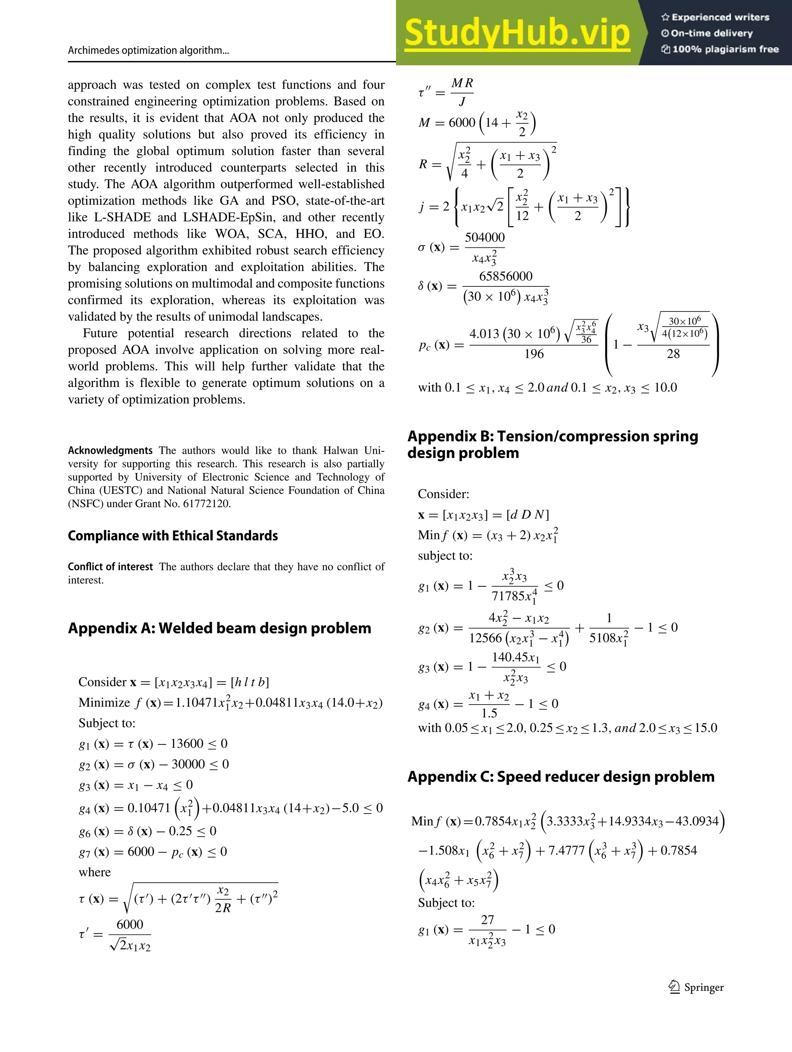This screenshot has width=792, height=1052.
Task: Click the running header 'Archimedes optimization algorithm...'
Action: pos(148,50)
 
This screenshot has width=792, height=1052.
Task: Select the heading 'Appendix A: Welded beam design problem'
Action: pos(219,628)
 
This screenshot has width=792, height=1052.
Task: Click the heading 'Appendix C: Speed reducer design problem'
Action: pos(561,777)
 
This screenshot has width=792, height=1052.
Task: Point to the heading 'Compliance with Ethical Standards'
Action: pos(173,536)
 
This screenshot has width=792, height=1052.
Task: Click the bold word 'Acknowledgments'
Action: pos(110,450)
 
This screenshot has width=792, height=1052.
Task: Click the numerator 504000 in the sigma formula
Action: pos(485,237)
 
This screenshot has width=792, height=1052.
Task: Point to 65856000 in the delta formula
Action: pos(505,276)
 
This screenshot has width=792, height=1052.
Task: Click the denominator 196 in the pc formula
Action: pos(534,354)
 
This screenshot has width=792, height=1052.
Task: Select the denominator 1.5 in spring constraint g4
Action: pos(489,713)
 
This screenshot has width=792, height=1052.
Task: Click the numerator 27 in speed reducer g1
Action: pos(487,920)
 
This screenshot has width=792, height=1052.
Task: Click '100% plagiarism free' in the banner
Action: pos(725,49)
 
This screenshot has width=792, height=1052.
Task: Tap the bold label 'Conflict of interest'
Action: pos(110,567)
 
